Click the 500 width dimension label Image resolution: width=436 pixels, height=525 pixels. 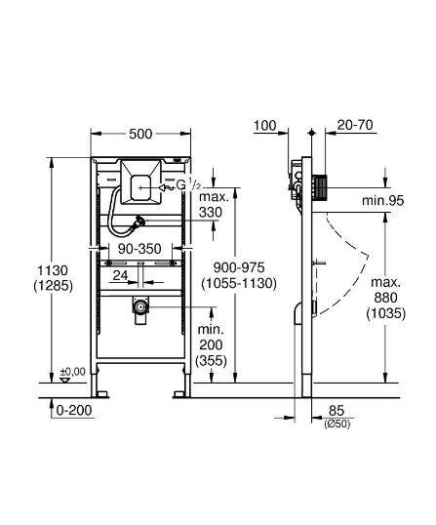pos(140,134)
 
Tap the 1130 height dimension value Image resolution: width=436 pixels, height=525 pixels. pos(53,270)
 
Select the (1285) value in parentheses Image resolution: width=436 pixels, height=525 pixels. pos(53,286)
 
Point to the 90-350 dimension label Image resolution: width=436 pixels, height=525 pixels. pos(139,249)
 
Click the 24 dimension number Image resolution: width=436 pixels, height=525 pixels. pos(120,275)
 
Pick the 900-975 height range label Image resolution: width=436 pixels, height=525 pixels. pos(239,267)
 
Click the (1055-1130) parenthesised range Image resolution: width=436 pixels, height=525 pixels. pos(239,283)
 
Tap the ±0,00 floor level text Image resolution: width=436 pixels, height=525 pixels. pos(72,372)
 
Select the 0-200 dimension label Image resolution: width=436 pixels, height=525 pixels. pos(74,410)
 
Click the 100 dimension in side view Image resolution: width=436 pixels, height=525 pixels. pos(265,126)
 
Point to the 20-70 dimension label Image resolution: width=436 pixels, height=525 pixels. pos(355,125)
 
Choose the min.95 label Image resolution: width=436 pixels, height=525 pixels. pos(382,201)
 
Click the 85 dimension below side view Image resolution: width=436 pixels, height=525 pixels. pos(337,411)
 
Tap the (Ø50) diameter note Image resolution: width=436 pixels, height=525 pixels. pos(337,424)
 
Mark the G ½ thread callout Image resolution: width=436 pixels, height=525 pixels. pos(188,184)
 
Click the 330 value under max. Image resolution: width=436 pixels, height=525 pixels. pos(210,213)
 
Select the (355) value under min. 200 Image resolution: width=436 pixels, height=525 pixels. pos(211,361)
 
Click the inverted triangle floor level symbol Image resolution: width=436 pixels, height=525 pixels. pos(64,380)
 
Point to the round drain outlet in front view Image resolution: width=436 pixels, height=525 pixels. pos(140,306)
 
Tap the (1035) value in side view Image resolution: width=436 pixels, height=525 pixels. pos(386,313)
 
